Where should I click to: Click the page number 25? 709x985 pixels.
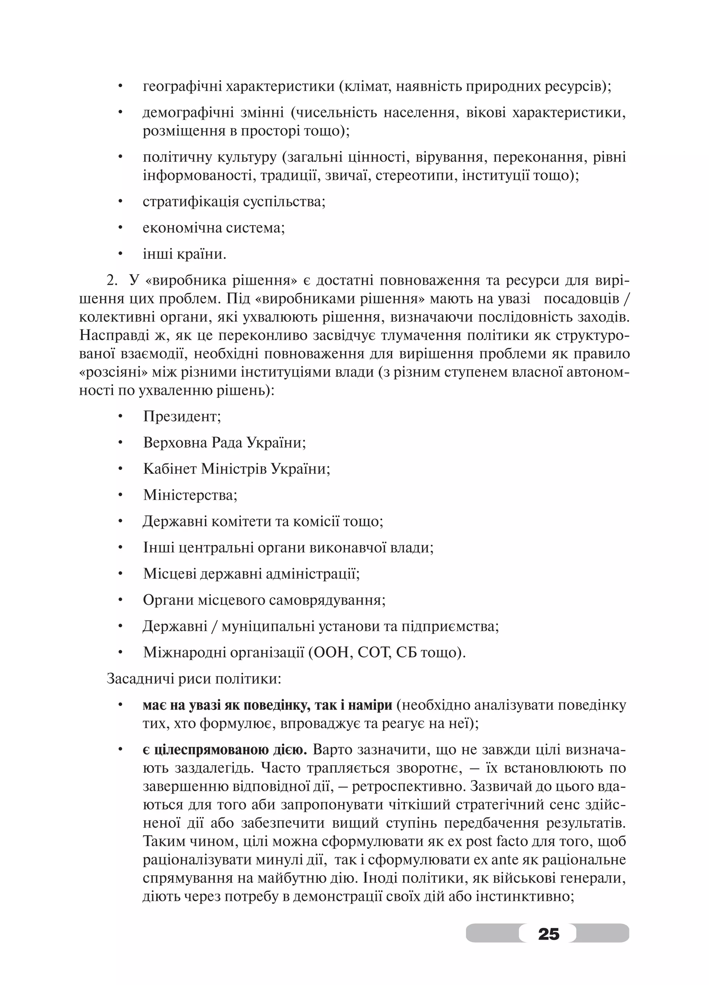tap(548, 932)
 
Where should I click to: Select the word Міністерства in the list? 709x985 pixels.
tap(190, 495)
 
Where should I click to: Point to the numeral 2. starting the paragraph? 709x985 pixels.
tap(112, 281)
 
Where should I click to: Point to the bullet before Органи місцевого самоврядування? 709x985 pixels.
tap(121, 601)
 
